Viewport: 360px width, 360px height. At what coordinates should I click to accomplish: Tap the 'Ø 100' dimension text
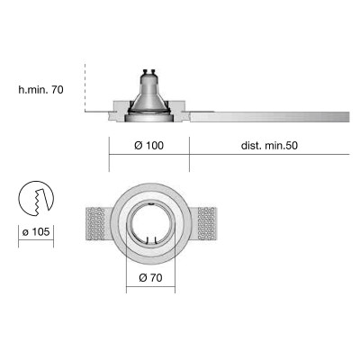[x=148, y=146]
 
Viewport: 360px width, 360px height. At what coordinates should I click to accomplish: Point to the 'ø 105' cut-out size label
[x=35, y=233]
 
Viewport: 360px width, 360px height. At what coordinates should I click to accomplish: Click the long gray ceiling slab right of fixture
[x=270, y=115]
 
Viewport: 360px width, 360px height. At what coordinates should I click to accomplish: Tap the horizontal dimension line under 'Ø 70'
[x=149, y=288]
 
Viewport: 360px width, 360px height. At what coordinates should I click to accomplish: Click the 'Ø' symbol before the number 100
[x=136, y=146]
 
